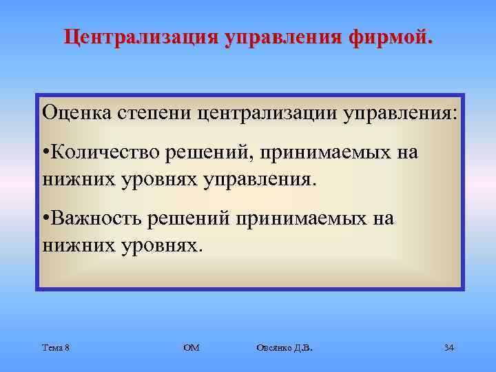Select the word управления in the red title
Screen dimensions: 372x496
[280, 37]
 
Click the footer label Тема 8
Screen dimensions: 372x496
[55, 348]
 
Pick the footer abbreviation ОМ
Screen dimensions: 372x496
[191, 348]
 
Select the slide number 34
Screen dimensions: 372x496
[448, 348]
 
